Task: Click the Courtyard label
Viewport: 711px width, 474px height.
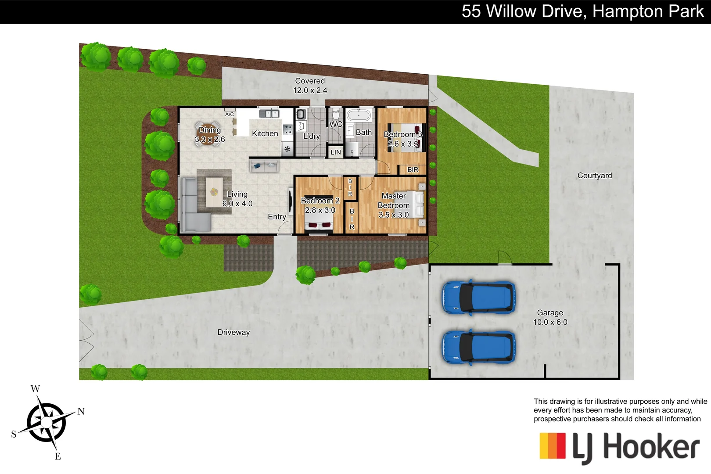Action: click(594, 176)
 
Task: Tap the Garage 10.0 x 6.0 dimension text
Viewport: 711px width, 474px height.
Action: click(550, 322)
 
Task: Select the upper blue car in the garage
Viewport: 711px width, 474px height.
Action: click(478, 297)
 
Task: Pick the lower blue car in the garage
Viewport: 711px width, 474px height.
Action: click(478, 347)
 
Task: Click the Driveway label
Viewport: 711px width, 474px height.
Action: click(233, 332)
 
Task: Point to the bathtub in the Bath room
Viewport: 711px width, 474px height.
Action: click(359, 116)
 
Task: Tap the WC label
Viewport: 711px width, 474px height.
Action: click(336, 124)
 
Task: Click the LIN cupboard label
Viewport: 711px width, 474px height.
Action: click(336, 152)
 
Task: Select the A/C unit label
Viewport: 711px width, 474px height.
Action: click(230, 115)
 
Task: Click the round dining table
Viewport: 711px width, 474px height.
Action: click(208, 133)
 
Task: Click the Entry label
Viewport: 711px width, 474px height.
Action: click(277, 217)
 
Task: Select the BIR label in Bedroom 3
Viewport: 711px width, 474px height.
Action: click(413, 170)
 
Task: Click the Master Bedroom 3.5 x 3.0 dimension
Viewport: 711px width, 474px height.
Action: click(394, 215)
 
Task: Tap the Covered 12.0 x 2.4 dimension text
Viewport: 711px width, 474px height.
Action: click(310, 90)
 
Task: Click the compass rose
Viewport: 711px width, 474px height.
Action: click(47, 423)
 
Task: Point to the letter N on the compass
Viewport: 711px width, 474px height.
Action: click(81, 411)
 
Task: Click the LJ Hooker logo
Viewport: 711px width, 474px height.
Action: click(619, 447)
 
